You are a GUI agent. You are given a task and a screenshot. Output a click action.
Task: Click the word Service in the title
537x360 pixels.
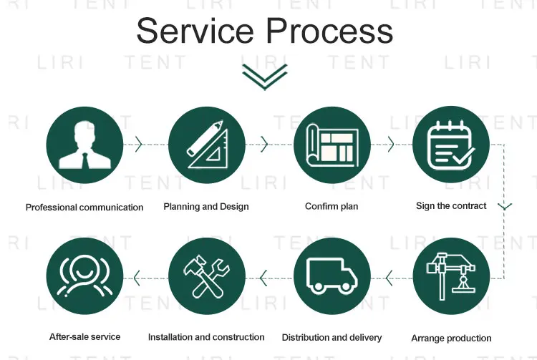click(x=195, y=31)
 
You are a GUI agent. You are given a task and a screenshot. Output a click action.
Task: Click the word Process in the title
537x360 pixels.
click(x=330, y=31)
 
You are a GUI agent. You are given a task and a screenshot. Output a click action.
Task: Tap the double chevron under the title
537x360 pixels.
click(x=264, y=77)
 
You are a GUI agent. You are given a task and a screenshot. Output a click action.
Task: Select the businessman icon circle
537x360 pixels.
click(x=84, y=145)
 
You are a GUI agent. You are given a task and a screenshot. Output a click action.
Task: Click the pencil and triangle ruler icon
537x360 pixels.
click(x=206, y=145)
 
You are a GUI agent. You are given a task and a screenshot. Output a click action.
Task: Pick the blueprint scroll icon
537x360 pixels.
click(x=332, y=145)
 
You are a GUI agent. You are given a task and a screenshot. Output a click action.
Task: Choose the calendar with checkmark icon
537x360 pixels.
click(x=451, y=145)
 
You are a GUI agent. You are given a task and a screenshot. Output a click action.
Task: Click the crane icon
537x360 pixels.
click(x=451, y=276)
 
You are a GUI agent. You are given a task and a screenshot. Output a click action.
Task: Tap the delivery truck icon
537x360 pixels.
click(x=332, y=276)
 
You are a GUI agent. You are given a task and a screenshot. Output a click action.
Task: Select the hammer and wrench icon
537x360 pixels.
click(x=206, y=276)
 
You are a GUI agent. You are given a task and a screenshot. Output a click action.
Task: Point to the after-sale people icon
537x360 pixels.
click(x=84, y=276)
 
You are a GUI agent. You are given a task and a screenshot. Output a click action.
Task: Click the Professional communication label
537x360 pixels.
click(x=84, y=208)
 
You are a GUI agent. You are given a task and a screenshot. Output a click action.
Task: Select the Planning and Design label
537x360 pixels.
click(x=206, y=207)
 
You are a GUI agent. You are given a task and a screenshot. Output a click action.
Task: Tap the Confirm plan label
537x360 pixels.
click(x=332, y=207)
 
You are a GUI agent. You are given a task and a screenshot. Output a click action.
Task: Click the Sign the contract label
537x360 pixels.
click(x=451, y=206)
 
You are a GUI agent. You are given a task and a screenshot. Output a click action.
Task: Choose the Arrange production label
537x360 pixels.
click(x=451, y=338)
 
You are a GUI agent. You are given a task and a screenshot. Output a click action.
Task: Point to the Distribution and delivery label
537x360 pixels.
click(x=332, y=337)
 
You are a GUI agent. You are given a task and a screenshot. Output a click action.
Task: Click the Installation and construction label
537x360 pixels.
click(x=206, y=337)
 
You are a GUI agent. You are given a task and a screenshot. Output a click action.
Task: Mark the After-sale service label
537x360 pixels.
click(x=84, y=336)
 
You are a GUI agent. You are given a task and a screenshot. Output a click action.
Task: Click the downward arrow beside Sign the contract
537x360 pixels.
click(x=504, y=206)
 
